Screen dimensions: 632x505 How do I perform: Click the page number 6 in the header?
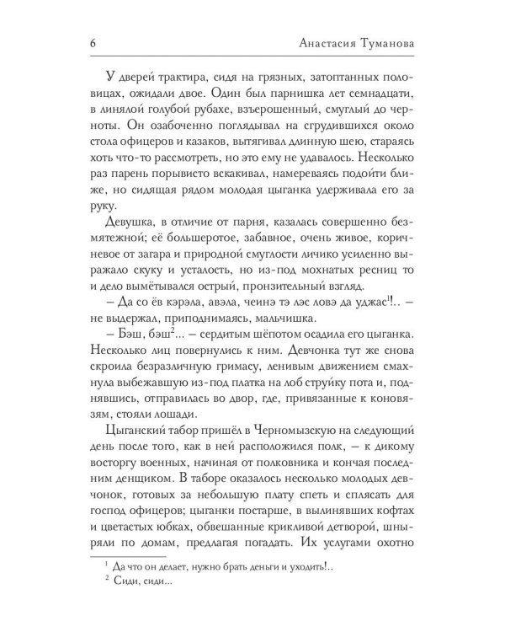point(90,43)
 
